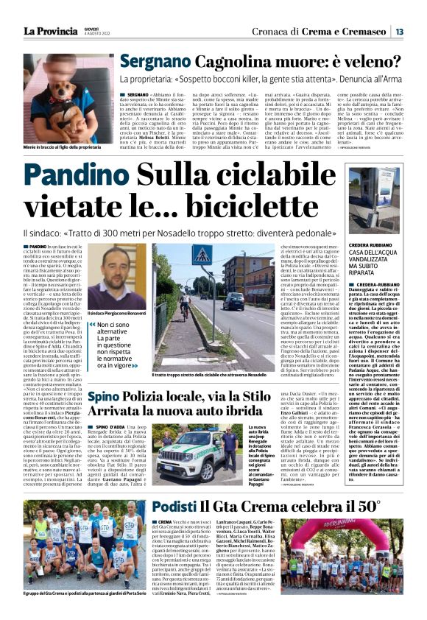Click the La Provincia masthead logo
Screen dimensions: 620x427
point(51,31)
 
